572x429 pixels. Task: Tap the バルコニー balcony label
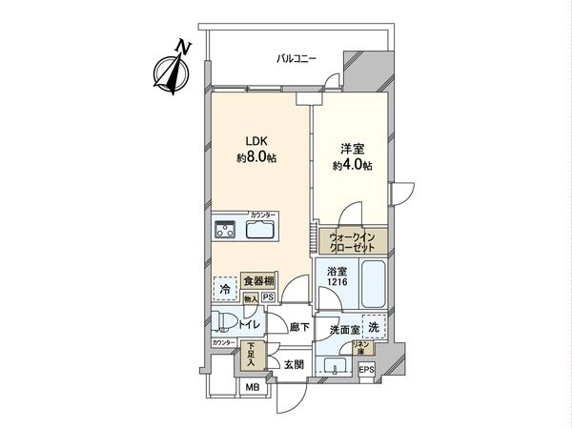(296, 59)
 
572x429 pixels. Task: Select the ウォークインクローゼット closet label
(352, 241)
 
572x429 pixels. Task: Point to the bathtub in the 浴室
(369, 284)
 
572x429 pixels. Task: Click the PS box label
(268, 296)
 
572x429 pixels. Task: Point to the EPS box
(367, 369)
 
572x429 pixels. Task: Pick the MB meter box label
(253, 387)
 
